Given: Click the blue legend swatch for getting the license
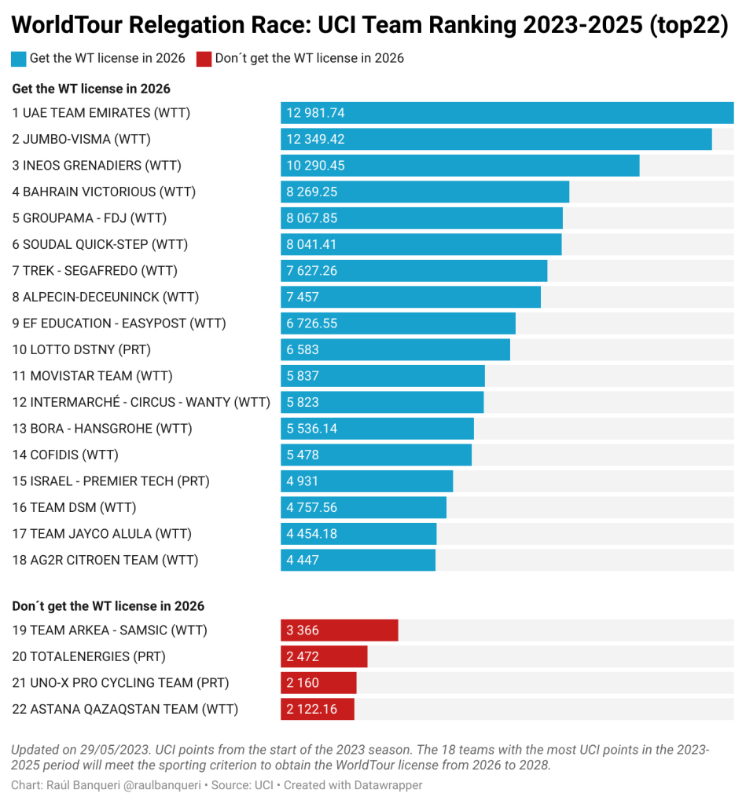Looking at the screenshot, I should [19, 58].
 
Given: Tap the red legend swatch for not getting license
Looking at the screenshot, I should [204, 58].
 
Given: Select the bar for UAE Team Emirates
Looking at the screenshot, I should [507, 113].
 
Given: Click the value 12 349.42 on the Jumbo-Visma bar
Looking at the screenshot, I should [315, 139].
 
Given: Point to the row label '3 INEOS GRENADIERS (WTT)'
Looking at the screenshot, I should [97, 166].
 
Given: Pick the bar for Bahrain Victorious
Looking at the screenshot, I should [424, 192].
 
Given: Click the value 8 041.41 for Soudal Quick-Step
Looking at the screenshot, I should [311, 244].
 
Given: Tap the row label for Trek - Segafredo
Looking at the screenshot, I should [94, 271].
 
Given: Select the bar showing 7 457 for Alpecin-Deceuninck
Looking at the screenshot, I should [410, 297].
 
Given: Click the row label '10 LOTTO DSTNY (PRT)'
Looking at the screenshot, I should [81, 349].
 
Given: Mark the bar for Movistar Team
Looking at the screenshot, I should [382, 376].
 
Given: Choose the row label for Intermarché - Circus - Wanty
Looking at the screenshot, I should [141, 402].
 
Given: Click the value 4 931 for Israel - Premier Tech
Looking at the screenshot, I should [303, 481].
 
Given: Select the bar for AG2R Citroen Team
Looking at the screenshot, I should [358, 560].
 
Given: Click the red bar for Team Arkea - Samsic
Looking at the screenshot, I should [339, 630].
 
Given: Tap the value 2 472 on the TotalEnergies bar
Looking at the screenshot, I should [303, 656].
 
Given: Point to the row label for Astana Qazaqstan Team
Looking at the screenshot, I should [125, 709].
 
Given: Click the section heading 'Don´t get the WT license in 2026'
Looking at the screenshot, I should [108, 606].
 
